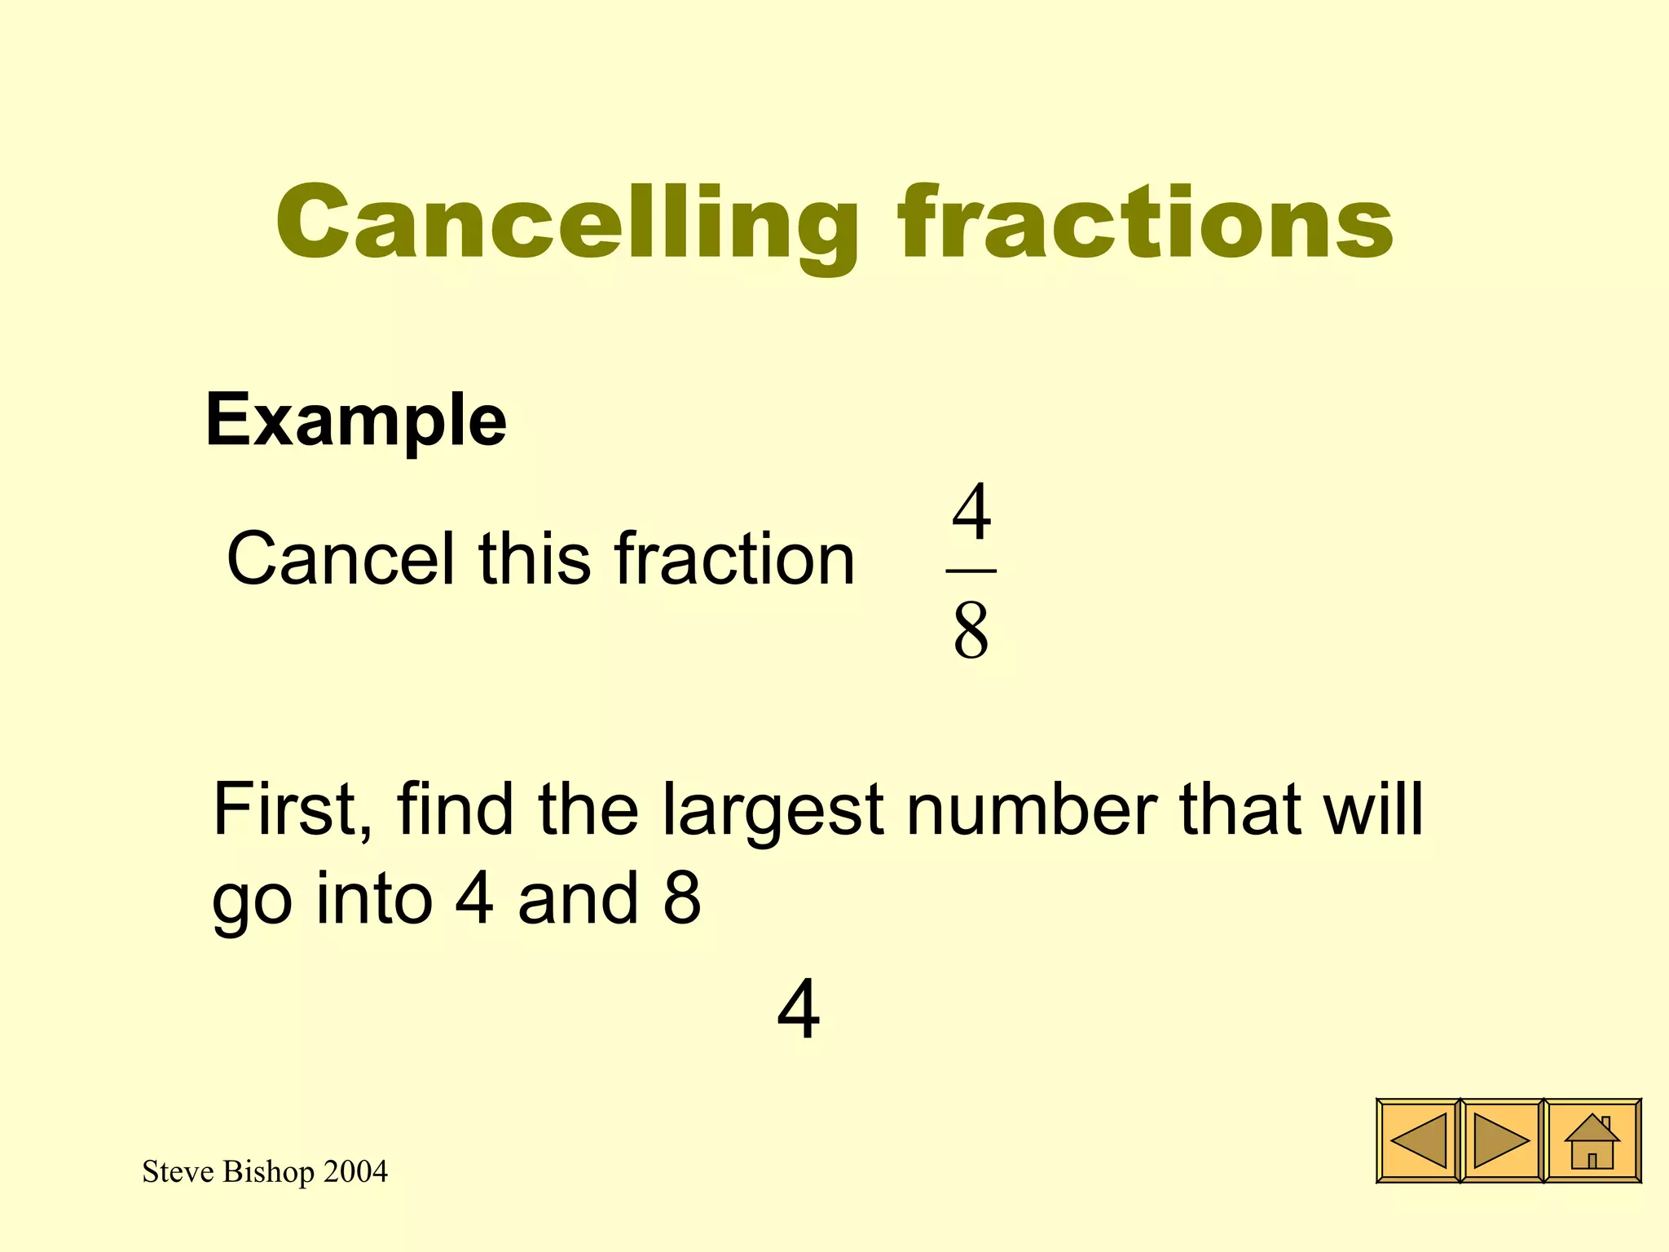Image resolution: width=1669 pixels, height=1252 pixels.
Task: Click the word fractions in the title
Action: [x=1145, y=222]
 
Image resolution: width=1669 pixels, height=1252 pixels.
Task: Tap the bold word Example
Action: [x=356, y=421]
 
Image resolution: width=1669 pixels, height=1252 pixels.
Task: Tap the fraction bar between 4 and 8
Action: [x=971, y=571]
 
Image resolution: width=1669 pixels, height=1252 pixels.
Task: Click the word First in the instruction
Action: [x=292, y=810]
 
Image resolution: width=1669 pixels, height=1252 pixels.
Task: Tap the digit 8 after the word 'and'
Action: [x=682, y=898]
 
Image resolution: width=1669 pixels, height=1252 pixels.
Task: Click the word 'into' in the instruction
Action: [x=374, y=898]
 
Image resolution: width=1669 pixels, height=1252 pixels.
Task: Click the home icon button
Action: [x=1592, y=1140]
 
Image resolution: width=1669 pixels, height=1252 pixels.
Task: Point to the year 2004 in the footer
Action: [x=355, y=1171]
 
